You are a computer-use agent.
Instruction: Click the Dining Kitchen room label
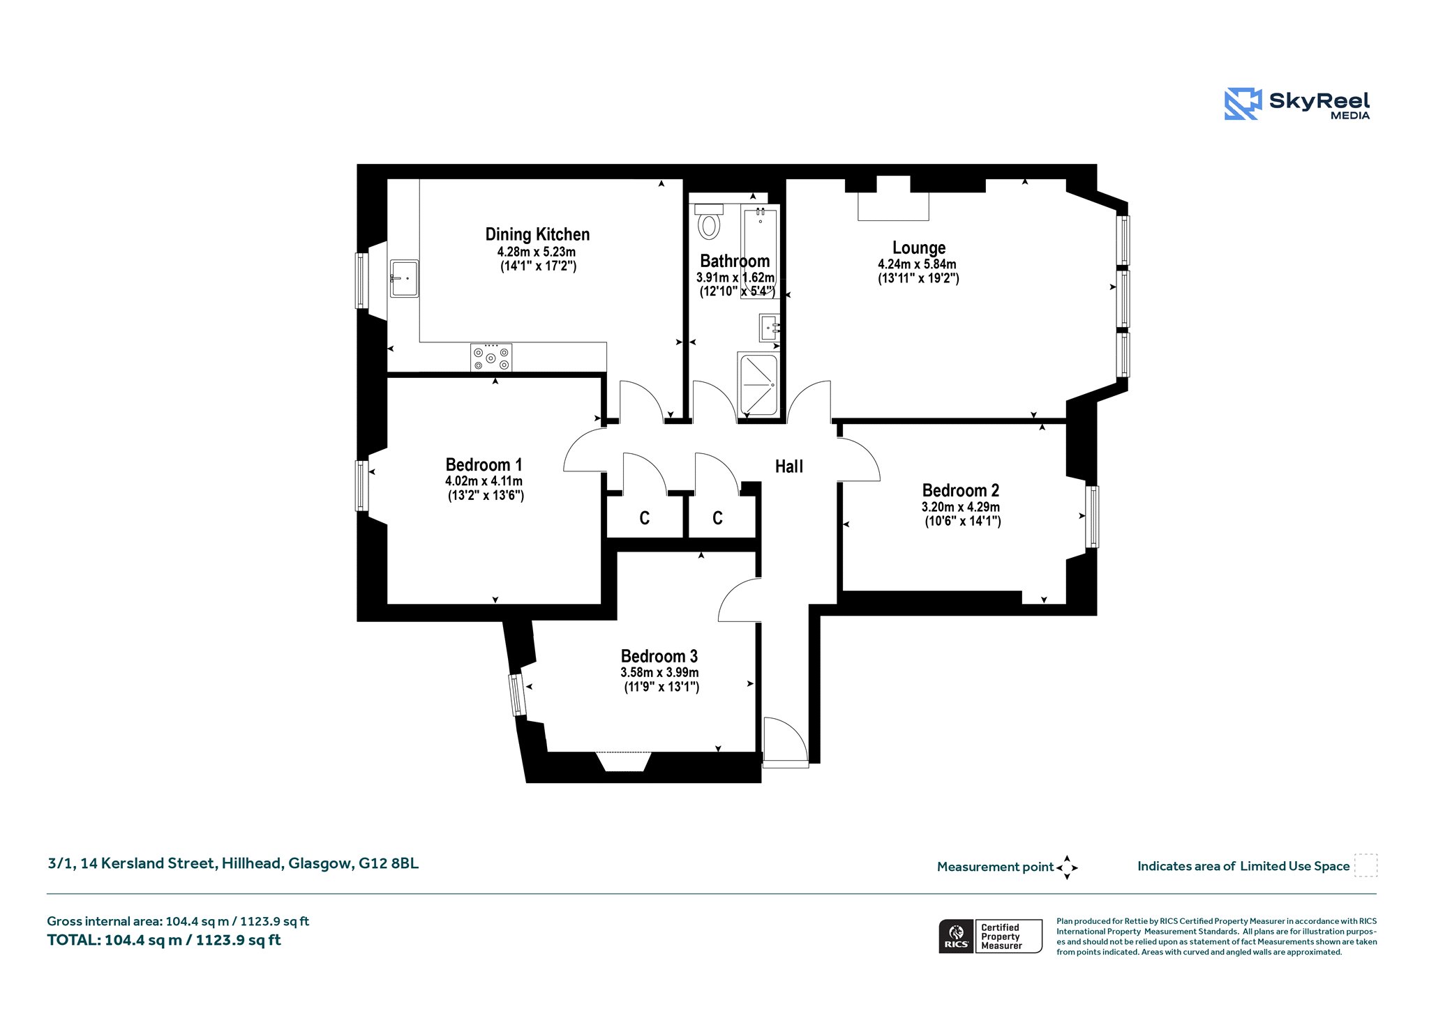(x=537, y=234)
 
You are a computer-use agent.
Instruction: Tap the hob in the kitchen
(x=491, y=358)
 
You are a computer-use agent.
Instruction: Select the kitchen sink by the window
(x=404, y=278)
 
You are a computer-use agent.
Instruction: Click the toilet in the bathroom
(x=710, y=222)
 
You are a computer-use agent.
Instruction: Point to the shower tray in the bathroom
(x=758, y=385)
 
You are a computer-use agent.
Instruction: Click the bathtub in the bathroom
(x=760, y=251)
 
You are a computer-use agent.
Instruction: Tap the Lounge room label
(x=919, y=248)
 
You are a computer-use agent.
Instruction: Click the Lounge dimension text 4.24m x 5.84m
(x=917, y=264)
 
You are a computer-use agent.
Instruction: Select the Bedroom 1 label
(x=484, y=464)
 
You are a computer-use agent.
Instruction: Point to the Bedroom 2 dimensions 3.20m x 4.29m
(x=960, y=507)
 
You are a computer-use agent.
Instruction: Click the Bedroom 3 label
(x=659, y=656)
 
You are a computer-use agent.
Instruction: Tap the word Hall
(x=789, y=466)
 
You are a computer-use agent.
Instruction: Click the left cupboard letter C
(x=645, y=518)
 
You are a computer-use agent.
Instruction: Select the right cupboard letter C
(x=717, y=518)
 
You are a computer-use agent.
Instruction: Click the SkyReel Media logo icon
(x=1243, y=104)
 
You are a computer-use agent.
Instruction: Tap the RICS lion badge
(x=957, y=936)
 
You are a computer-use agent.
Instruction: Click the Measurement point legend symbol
(x=1067, y=867)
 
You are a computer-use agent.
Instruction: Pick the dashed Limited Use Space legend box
(x=1366, y=865)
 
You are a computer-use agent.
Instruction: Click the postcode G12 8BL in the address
(x=389, y=863)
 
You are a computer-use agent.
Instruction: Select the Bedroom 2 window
(x=1092, y=517)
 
